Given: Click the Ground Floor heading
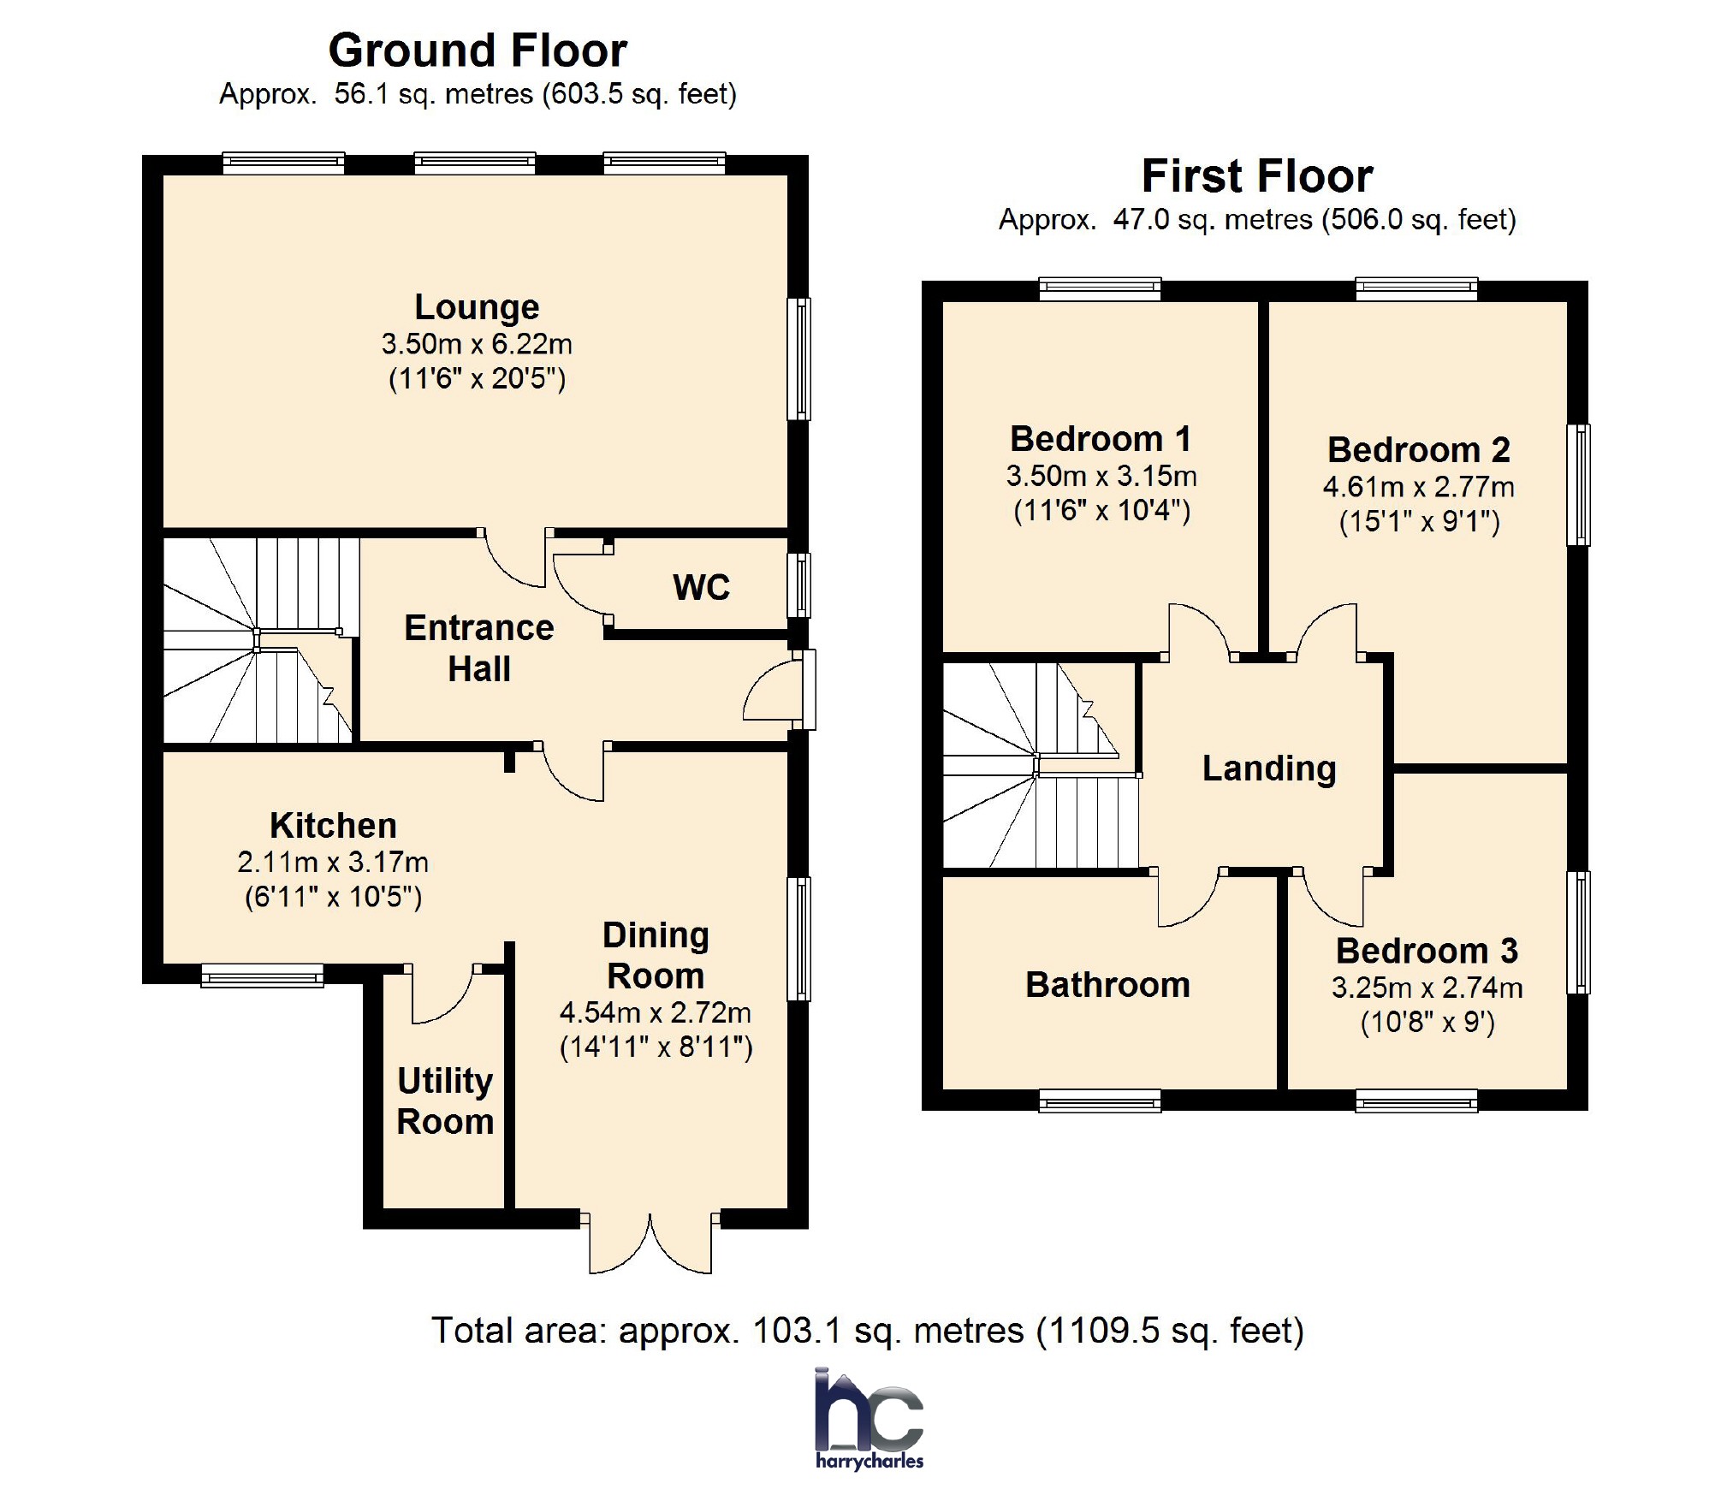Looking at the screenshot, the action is (478, 50).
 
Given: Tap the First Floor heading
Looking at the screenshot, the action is (1256, 176).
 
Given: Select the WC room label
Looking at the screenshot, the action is (701, 588).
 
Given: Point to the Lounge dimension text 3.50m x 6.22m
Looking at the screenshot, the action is (477, 344).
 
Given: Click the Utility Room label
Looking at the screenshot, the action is (445, 1101).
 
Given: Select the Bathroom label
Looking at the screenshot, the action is (1107, 985).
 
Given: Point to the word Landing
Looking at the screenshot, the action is (1269, 768).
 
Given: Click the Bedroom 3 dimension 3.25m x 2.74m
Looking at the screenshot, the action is (1427, 988).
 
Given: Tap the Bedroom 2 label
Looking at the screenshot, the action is (1418, 450).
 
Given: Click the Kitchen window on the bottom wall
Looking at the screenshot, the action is (262, 976).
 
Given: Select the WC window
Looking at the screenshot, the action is (798, 585).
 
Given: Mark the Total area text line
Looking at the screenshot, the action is (867, 1331).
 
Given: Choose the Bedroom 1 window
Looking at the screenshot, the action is (1100, 288).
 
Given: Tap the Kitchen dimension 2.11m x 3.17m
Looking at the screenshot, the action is (333, 862).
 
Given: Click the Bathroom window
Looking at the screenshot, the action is (1100, 1101).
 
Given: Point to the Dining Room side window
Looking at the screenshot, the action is (798, 939).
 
